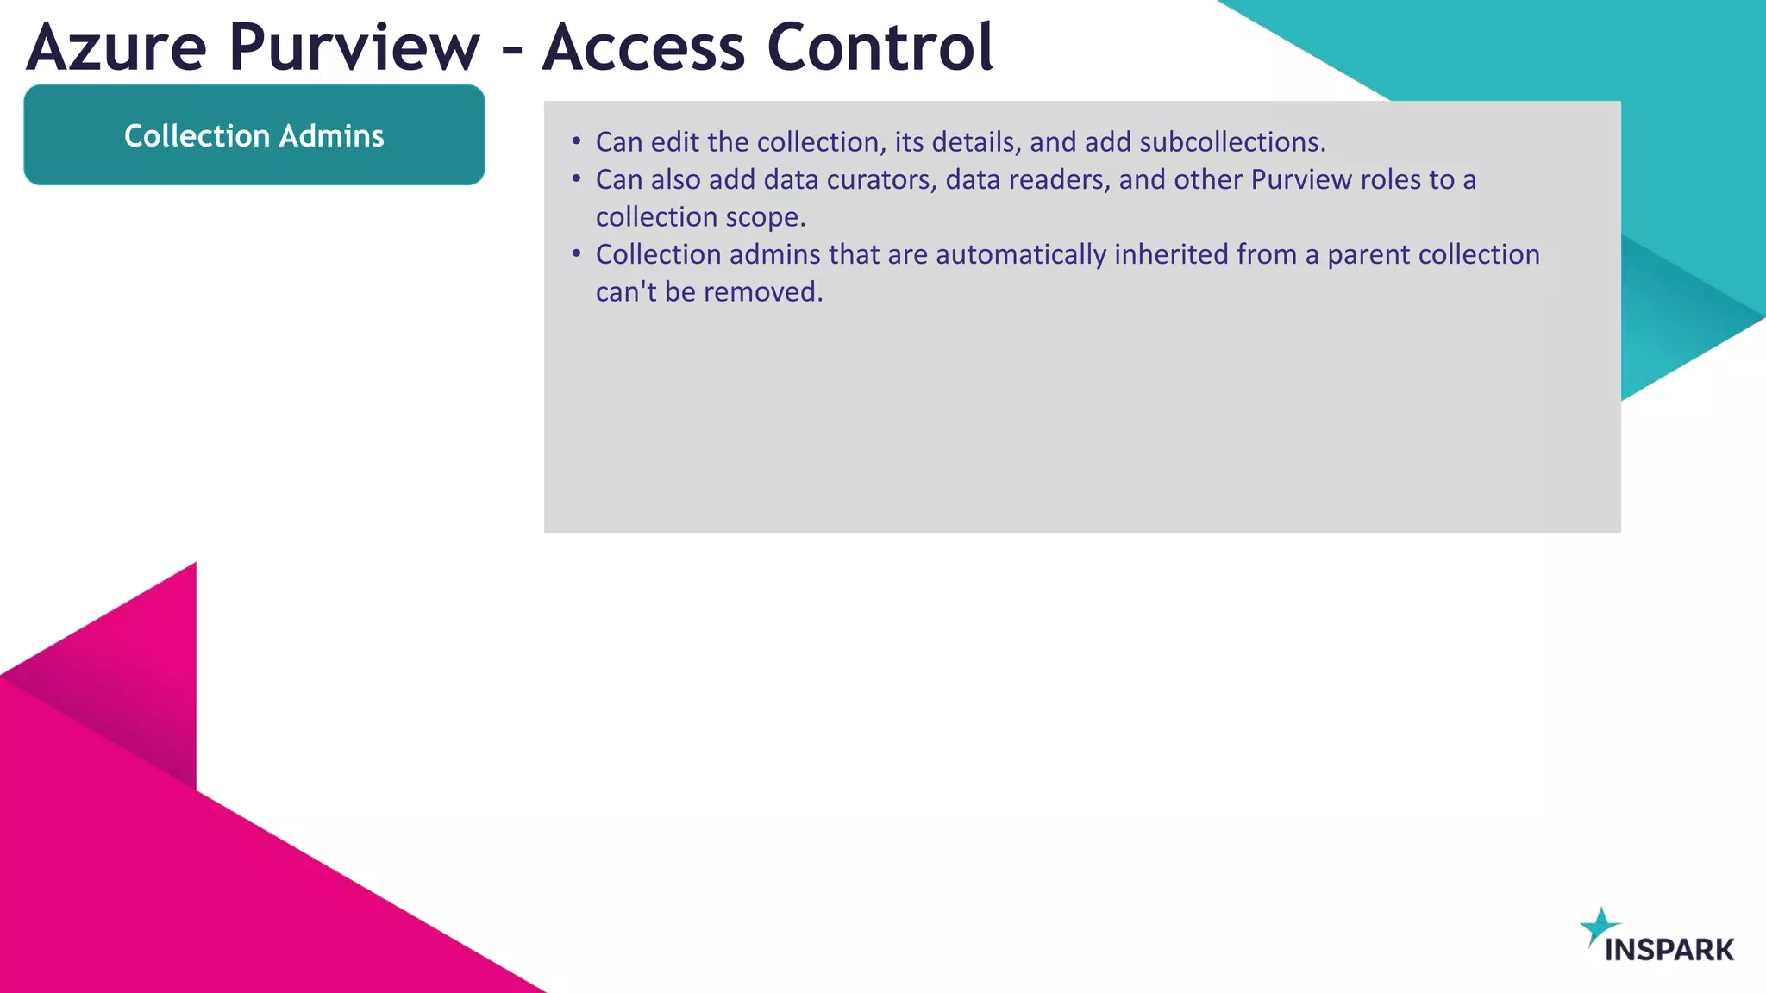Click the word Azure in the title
[116, 47]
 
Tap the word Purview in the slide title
[354, 47]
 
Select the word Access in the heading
[643, 47]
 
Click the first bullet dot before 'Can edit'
[577, 141]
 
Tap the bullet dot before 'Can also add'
[577, 178]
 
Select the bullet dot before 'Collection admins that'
[577, 253]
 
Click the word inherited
[1171, 254]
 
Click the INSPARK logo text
[1669, 950]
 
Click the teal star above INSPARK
[1600, 926]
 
